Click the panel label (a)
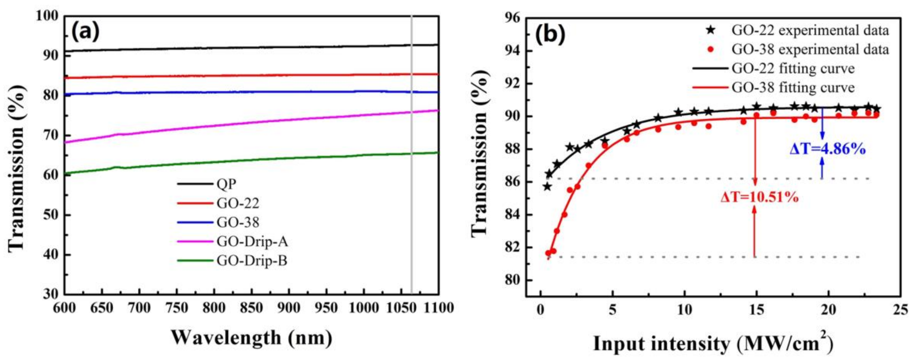point(86,33)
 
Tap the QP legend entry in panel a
point(226,184)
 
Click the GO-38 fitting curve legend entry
point(793,87)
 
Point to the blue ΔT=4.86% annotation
point(828,149)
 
